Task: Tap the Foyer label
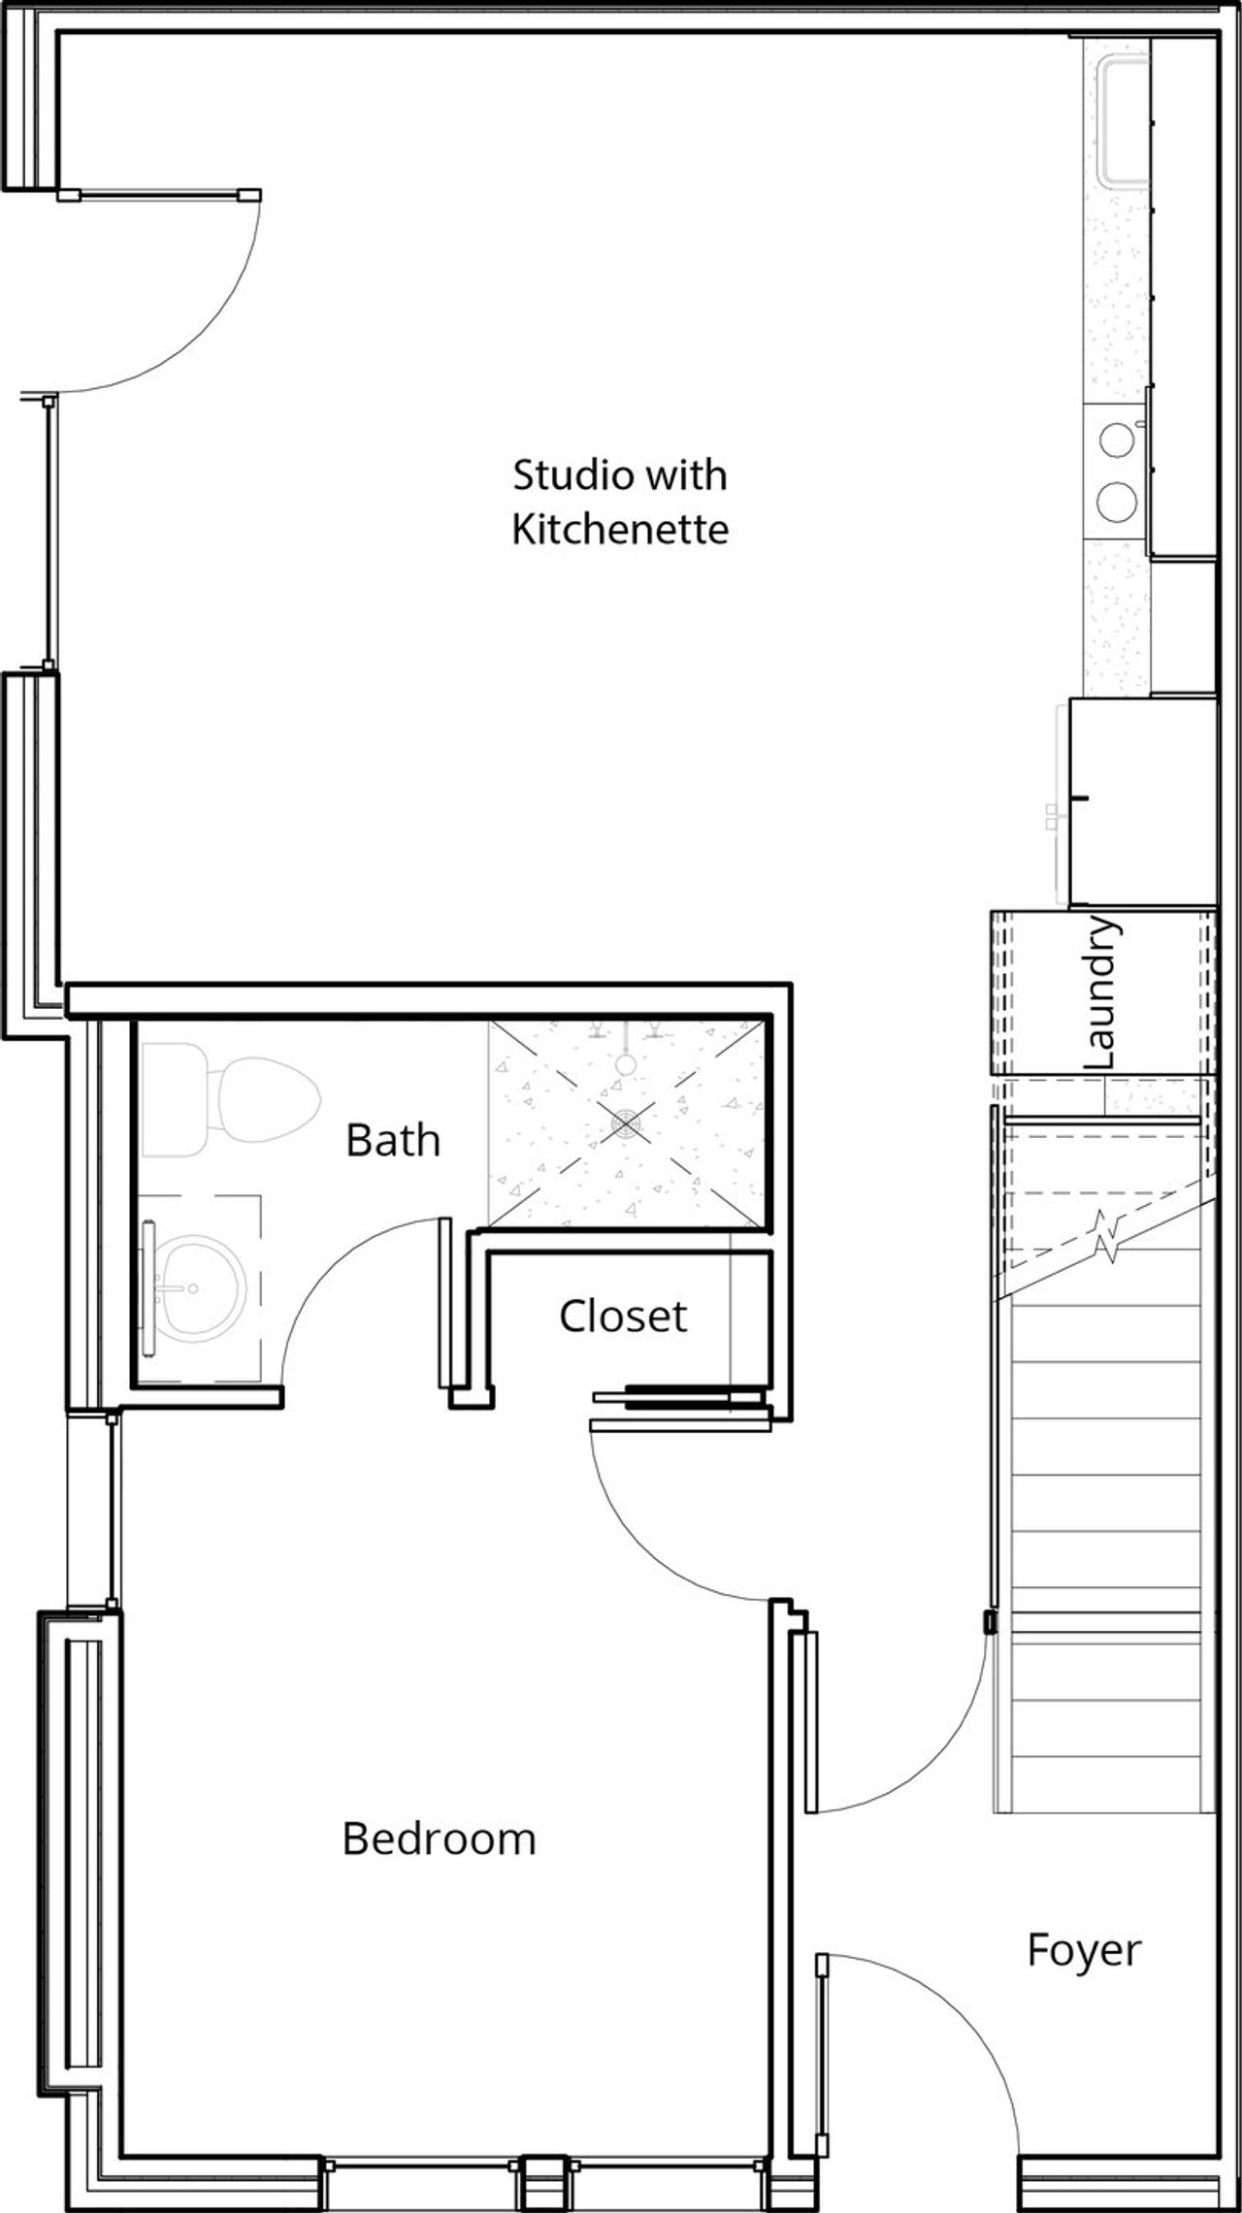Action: (1084, 1950)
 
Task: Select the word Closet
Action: (623, 1317)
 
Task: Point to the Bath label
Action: (393, 1140)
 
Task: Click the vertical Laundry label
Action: (1101, 994)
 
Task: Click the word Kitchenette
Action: (620, 530)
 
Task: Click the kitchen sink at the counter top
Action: (1123, 121)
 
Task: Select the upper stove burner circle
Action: (1117, 439)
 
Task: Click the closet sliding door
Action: (679, 1398)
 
